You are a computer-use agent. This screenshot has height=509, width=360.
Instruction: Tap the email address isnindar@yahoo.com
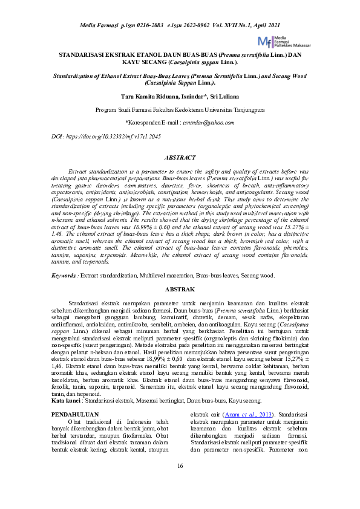[209, 122]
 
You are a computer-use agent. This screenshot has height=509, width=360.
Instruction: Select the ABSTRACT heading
[180, 157]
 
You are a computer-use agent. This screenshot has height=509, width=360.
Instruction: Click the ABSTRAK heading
[180, 290]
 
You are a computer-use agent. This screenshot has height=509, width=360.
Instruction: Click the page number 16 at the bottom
[180, 465]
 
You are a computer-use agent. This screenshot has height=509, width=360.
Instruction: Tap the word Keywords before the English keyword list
[64, 276]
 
